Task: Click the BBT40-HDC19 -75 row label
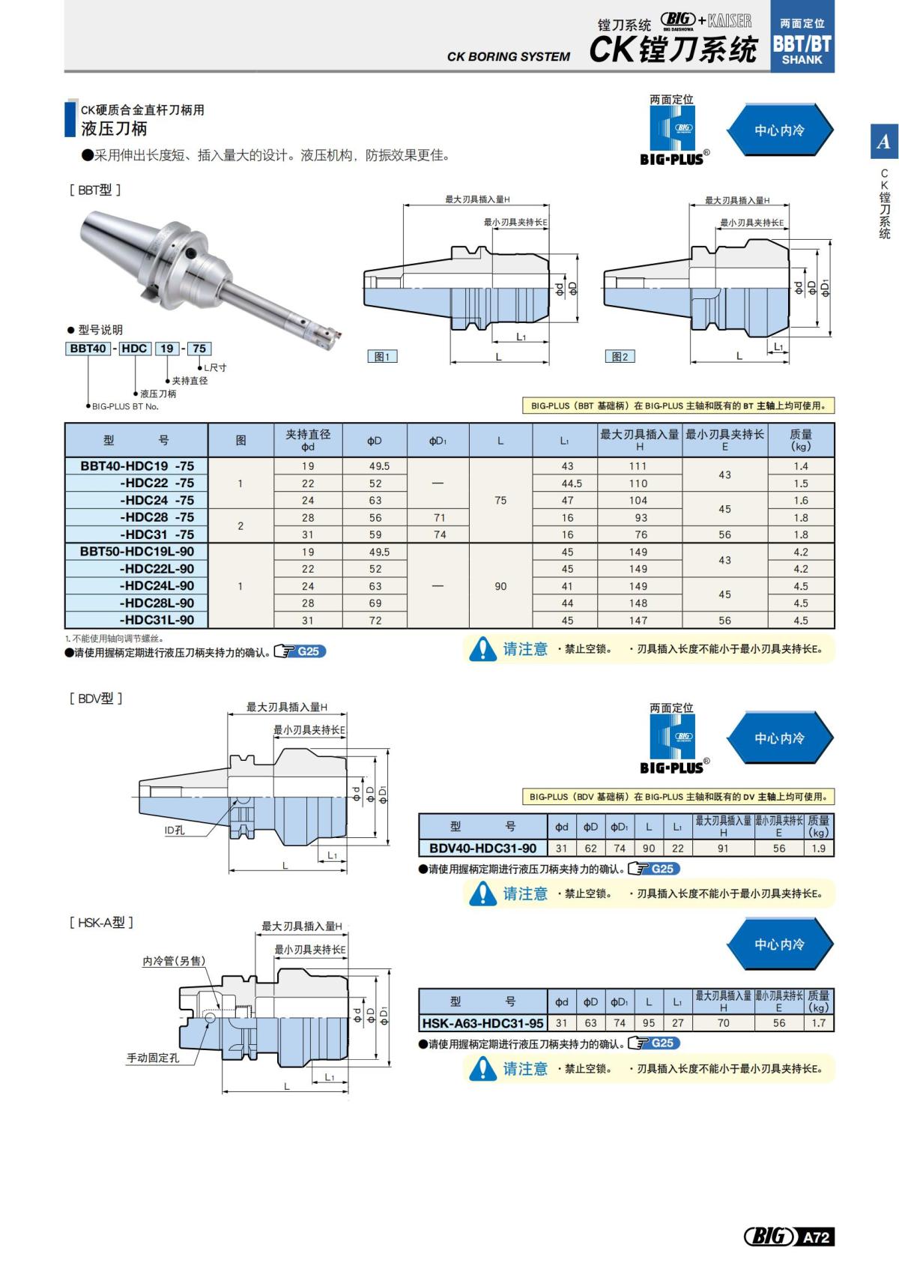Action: (x=136, y=465)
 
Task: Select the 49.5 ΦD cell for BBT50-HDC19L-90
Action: (x=378, y=552)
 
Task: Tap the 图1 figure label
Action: (x=382, y=357)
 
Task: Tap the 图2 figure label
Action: (x=620, y=357)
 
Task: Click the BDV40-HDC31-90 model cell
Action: (x=482, y=848)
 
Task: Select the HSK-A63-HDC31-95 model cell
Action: (x=482, y=1023)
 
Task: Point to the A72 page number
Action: (x=816, y=1238)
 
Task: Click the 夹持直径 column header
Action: (x=308, y=440)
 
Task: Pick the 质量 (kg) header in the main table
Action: (x=800, y=440)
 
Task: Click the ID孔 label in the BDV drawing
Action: (x=174, y=831)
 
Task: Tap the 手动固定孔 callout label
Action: (x=152, y=1058)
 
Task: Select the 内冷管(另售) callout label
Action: (x=174, y=961)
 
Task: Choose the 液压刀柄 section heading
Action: (x=114, y=128)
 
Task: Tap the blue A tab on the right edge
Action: (x=884, y=141)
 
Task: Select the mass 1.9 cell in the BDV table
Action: (x=818, y=848)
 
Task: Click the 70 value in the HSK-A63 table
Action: (x=723, y=1023)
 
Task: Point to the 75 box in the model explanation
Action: (x=199, y=349)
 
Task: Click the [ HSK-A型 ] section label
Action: (x=101, y=923)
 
